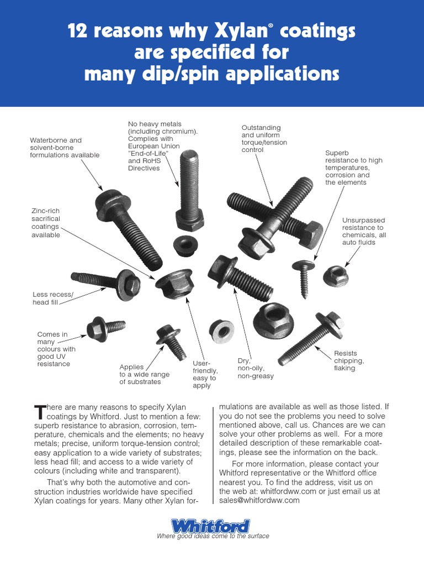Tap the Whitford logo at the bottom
[210, 525]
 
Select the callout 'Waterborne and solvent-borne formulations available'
[64, 148]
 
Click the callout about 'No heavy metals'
[155, 146]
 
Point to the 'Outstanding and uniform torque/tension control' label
[261, 138]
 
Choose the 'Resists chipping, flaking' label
[348, 360]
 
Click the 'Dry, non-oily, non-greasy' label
[255, 368]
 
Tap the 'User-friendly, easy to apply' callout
[205, 374]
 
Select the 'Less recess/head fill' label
[52, 298]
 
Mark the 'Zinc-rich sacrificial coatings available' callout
[46, 222]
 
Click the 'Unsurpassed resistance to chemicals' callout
[364, 231]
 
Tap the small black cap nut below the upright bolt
[183, 244]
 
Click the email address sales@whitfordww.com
[259, 500]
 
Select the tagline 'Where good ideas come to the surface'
[213, 536]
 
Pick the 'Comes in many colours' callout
[56, 349]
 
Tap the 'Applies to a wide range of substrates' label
[144, 374]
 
